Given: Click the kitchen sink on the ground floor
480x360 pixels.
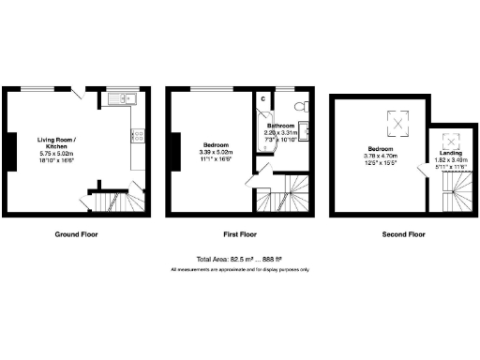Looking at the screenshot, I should [x=122, y=98].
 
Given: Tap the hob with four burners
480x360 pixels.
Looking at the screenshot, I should [x=138, y=137].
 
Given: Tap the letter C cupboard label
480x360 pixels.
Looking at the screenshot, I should [x=262, y=98].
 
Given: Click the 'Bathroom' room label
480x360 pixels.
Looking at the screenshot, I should [x=281, y=125].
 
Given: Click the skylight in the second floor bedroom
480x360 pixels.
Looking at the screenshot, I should [x=398, y=121].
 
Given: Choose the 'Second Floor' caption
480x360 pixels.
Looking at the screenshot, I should [x=404, y=234].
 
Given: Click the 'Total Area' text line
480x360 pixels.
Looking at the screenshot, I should [x=240, y=260].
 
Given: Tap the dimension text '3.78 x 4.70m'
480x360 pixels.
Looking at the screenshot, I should [x=379, y=157].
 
